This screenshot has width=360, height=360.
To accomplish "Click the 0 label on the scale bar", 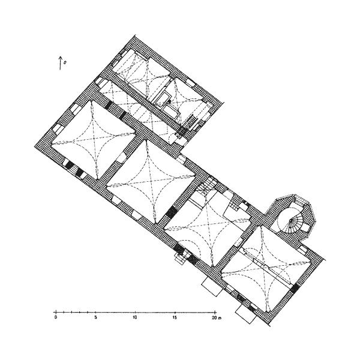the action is point(56,318).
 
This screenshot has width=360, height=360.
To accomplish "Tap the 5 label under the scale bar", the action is point(95,318).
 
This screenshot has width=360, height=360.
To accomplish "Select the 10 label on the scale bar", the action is point(135,318).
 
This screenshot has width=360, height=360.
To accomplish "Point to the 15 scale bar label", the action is point(175,318).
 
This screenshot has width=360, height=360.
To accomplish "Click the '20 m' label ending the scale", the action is point(216,318).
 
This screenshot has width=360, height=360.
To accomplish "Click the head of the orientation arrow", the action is point(60,57).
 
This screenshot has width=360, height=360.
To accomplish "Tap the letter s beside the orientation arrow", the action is point(65,62).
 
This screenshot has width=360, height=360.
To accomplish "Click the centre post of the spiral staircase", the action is point(290,220).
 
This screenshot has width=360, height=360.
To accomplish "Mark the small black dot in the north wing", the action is point(169,101).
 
